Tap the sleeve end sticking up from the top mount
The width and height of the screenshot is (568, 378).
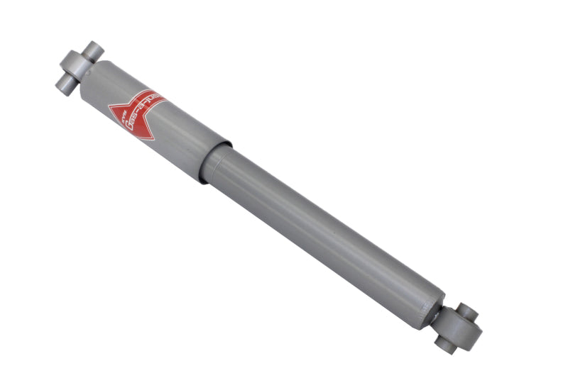[x=92, y=50]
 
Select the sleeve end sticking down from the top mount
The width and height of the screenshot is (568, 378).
[x=65, y=85]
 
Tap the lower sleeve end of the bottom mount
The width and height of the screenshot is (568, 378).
[x=445, y=345]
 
